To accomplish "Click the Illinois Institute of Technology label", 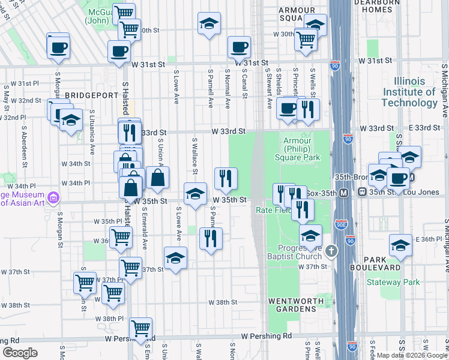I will pos(417,92).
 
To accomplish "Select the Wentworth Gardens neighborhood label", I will pos(292,304).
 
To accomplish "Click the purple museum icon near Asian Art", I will pos(53,197).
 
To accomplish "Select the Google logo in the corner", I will pos(20,353).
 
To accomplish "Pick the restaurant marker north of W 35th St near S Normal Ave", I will pos(226,177).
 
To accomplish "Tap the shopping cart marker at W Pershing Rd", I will pos(140,328).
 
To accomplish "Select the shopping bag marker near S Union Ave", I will pos(157,177).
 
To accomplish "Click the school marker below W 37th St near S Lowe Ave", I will pos(175,258).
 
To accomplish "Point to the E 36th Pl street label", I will pos(430,239).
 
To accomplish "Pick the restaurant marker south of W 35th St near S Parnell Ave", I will pos(211,238).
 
